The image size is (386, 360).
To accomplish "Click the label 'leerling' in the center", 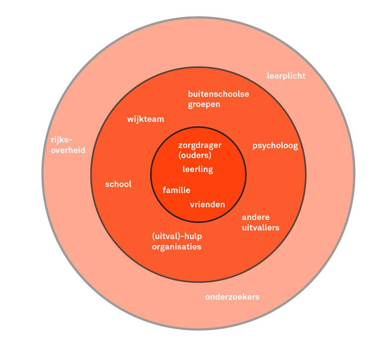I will (x=197, y=170).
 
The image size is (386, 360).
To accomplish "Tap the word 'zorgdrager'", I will (x=199, y=146).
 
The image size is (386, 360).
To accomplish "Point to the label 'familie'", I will (x=176, y=190).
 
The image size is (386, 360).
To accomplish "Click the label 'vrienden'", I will (x=207, y=204).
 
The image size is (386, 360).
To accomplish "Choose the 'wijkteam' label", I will (x=145, y=119).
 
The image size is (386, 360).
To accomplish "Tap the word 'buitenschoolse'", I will (x=218, y=94).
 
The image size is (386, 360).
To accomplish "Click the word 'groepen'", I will (x=204, y=104).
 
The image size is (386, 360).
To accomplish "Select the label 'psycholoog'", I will (x=275, y=146).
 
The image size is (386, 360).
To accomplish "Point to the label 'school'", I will (x=118, y=184).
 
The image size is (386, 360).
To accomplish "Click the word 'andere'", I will (x=255, y=217).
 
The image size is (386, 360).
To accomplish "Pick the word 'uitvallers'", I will (x=260, y=228).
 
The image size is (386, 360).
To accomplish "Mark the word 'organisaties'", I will (x=176, y=247).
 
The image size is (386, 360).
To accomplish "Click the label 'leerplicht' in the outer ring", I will (x=286, y=76).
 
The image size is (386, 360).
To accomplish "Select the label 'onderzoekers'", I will (x=232, y=297).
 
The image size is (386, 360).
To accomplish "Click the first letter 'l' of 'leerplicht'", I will (x=268, y=76).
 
